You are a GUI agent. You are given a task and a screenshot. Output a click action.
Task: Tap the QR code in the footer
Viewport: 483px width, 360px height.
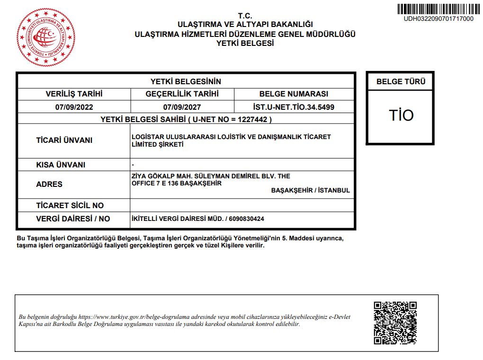tap(395, 323)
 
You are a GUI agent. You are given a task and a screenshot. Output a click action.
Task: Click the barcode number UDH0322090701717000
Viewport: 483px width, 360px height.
tap(438, 19)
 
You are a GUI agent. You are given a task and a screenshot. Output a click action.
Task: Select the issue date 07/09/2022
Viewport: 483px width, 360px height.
tap(74, 107)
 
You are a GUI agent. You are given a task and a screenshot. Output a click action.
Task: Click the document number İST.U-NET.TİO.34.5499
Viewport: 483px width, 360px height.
tap(294, 107)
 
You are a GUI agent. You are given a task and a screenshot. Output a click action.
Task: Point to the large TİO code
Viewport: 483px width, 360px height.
tap(401, 115)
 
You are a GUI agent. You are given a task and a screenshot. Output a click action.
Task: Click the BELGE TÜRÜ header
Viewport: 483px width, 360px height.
tap(401, 81)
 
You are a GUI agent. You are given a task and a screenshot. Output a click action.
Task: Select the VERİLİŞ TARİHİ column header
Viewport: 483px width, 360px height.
tap(74, 94)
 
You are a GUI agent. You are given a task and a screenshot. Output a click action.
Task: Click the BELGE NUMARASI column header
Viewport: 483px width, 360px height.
tap(294, 94)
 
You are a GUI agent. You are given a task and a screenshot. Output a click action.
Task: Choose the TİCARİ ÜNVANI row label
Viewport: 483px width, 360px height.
tap(64, 140)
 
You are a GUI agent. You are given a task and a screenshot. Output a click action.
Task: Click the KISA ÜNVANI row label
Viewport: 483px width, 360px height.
tap(61, 165)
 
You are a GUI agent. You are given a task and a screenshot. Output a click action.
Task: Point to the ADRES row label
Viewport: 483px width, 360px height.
tap(49, 184)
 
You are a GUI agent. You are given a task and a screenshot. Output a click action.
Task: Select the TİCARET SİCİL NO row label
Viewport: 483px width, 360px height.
tap(70, 206)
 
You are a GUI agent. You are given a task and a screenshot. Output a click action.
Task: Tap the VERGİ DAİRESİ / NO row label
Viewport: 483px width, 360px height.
tap(73, 219)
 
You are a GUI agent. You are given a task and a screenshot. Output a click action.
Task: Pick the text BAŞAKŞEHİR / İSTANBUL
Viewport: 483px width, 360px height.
tap(311, 191)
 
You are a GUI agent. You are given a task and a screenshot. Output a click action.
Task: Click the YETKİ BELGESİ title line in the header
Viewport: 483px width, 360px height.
tap(245, 43)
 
